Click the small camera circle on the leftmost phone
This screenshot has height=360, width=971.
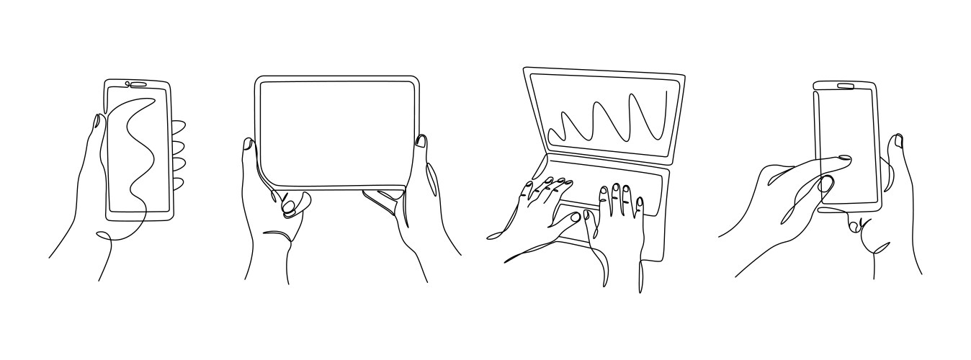click(x=127, y=84)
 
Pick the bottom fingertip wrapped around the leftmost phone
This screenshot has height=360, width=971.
click(x=178, y=183)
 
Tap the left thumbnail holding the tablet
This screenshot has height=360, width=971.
click(x=247, y=144)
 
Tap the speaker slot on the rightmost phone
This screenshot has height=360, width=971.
click(x=845, y=87)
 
